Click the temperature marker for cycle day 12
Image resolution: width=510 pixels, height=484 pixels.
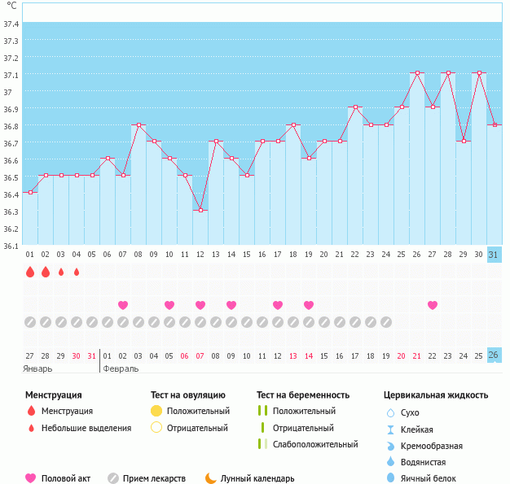click(x=200, y=210)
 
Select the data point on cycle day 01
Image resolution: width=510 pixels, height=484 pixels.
click(x=30, y=192)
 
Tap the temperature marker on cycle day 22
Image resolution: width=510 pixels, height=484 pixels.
click(x=355, y=107)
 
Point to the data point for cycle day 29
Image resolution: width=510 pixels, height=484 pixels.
click(x=464, y=142)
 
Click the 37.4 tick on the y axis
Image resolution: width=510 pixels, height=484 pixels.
click(x=11, y=24)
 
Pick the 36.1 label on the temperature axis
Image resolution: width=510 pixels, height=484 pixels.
click(x=11, y=246)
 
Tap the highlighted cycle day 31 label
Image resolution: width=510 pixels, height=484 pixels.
click(x=494, y=255)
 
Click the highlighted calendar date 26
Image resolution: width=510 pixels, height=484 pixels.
click(x=494, y=355)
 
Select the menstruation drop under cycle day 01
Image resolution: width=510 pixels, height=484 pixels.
click(x=30, y=272)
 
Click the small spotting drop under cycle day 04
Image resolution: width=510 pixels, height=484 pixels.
click(x=77, y=272)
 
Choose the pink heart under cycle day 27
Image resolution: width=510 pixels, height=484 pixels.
click(x=433, y=305)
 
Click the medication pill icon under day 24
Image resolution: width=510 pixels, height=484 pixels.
click(x=386, y=322)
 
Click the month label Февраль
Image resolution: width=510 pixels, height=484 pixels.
click(x=121, y=368)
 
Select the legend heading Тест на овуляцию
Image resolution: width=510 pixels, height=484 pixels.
click(x=189, y=395)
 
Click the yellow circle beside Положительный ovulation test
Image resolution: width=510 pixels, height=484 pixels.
click(x=156, y=411)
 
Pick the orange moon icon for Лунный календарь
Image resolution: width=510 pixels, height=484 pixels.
click(x=211, y=478)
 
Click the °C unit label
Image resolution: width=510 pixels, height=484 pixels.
click(x=11, y=6)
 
